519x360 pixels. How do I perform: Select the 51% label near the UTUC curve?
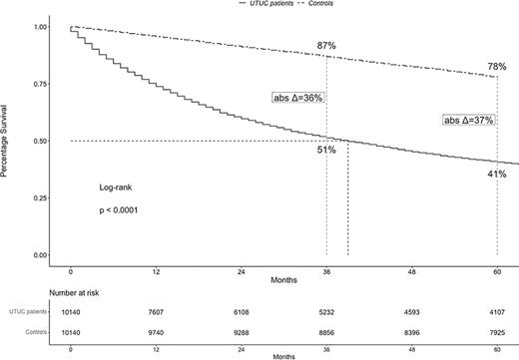pyautogui.click(x=326, y=150)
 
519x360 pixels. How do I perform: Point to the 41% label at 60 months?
pyautogui.click(x=496, y=174)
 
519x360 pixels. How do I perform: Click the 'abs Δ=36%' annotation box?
pyautogui.click(x=299, y=98)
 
